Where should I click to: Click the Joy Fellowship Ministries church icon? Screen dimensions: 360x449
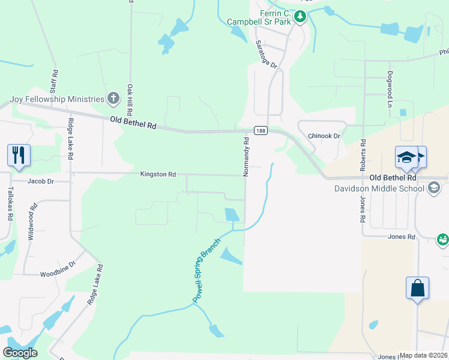[113, 99]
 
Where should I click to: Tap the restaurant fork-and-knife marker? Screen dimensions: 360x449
[19, 155]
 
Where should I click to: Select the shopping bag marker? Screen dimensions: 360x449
[417, 288]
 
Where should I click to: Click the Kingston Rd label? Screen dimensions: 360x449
[158, 175]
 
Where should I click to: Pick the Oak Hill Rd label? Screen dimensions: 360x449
[129, 100]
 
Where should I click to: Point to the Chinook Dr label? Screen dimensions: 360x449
[324, 136]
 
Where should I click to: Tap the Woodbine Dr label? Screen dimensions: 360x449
[58, 269]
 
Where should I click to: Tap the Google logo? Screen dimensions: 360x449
[20, 353]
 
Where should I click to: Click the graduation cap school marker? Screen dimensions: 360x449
[406, 158]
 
